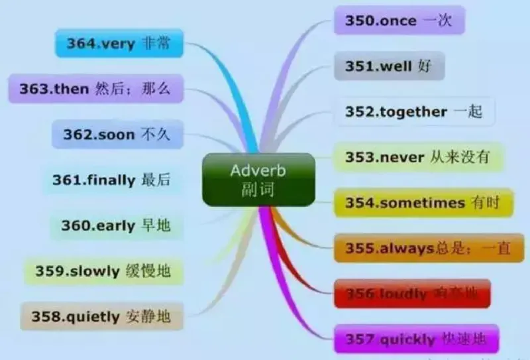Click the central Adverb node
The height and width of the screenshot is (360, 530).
258,179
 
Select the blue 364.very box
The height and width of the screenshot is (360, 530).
119,44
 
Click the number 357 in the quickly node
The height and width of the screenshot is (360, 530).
360,339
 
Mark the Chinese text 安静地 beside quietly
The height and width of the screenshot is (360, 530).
147,316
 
